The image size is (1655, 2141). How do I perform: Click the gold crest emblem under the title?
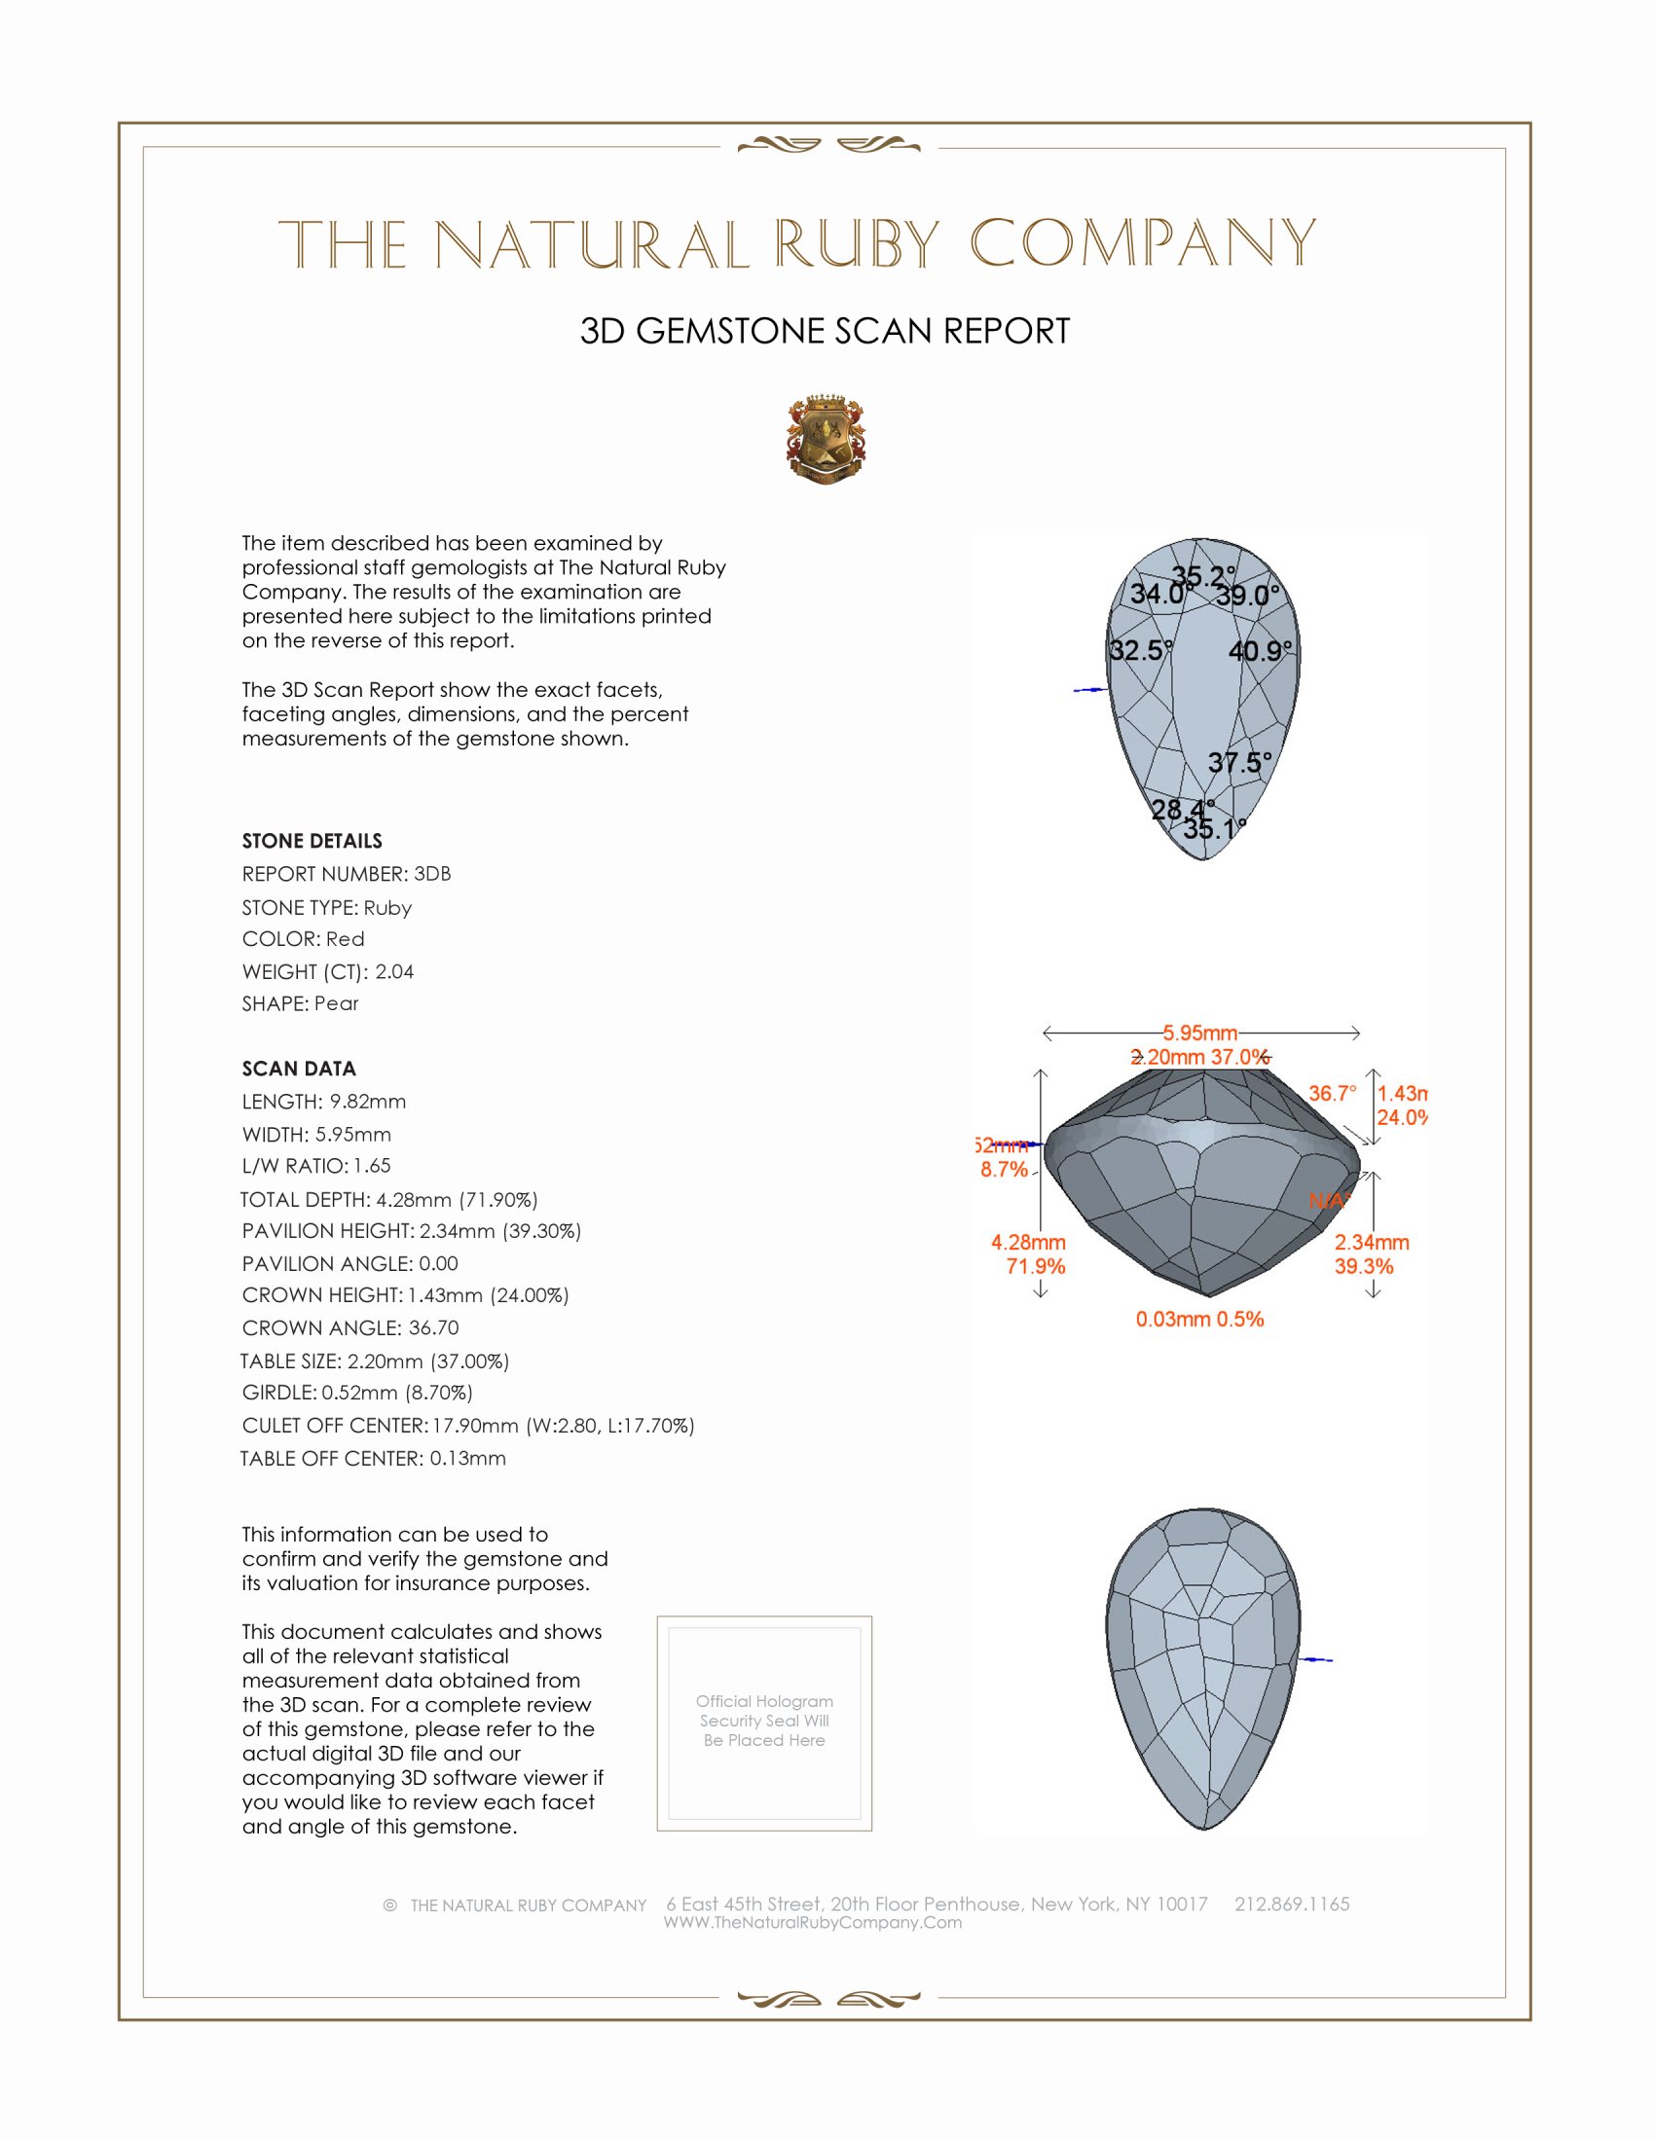826,439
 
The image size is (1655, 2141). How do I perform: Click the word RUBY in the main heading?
857,244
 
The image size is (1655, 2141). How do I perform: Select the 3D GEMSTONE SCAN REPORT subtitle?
825,331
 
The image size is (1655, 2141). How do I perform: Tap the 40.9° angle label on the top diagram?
1260,651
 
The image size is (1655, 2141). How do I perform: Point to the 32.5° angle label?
1140,651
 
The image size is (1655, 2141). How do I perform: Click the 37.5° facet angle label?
1239,763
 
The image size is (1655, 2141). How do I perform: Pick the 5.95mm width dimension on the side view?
1200,1034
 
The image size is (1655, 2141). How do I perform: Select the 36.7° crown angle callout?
1333,1093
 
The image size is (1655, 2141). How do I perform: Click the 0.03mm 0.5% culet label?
1199,1320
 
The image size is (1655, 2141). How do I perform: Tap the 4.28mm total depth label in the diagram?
1027,1243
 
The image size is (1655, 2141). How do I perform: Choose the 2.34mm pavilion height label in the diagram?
1372,1243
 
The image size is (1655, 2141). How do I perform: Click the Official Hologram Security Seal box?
764,1724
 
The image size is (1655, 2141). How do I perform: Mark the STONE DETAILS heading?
312,841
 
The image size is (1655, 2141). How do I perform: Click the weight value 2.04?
394,971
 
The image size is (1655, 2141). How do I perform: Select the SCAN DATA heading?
299,1069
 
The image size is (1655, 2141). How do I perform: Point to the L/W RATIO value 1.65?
372,1166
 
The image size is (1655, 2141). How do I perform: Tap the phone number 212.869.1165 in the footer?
1291,1904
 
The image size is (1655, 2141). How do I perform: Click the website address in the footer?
813,1922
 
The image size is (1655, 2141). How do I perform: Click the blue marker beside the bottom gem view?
1317,1659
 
